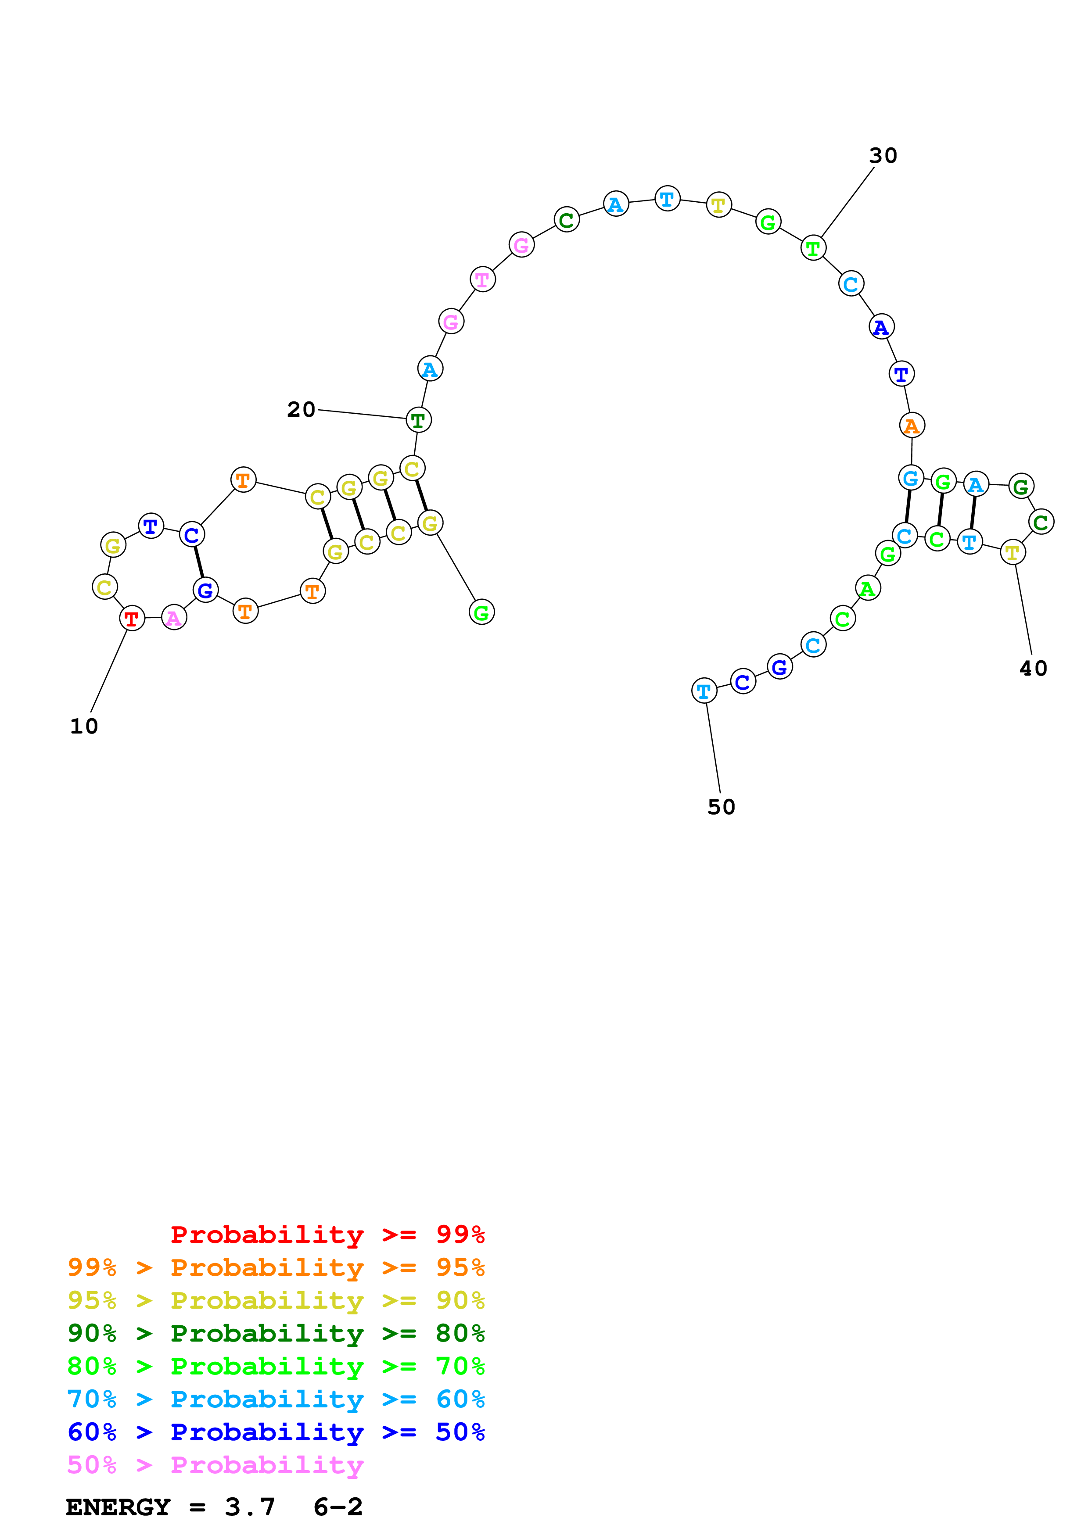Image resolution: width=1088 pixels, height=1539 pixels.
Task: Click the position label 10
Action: coord(84,726)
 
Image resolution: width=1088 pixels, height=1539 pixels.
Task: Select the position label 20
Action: coord(301,410)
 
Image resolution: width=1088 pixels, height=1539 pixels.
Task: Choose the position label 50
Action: coord(722,807)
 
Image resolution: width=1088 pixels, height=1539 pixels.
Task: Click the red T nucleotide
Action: coord(132,618)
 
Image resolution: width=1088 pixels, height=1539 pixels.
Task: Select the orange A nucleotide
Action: coord(912,425)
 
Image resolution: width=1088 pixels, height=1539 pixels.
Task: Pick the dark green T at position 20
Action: coord(418,420)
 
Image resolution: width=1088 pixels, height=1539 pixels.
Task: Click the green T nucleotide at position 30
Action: coord(813,248)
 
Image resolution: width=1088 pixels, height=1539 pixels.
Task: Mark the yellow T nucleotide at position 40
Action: coord(1012,552)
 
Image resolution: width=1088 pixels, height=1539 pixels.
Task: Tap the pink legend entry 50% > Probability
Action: coord(215,1465)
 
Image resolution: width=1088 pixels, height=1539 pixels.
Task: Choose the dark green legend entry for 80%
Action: coord(276,1333)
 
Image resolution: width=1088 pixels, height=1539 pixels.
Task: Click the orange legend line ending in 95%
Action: coord(276,1267)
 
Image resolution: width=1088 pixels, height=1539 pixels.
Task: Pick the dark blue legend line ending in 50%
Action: coord(276,1432)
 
